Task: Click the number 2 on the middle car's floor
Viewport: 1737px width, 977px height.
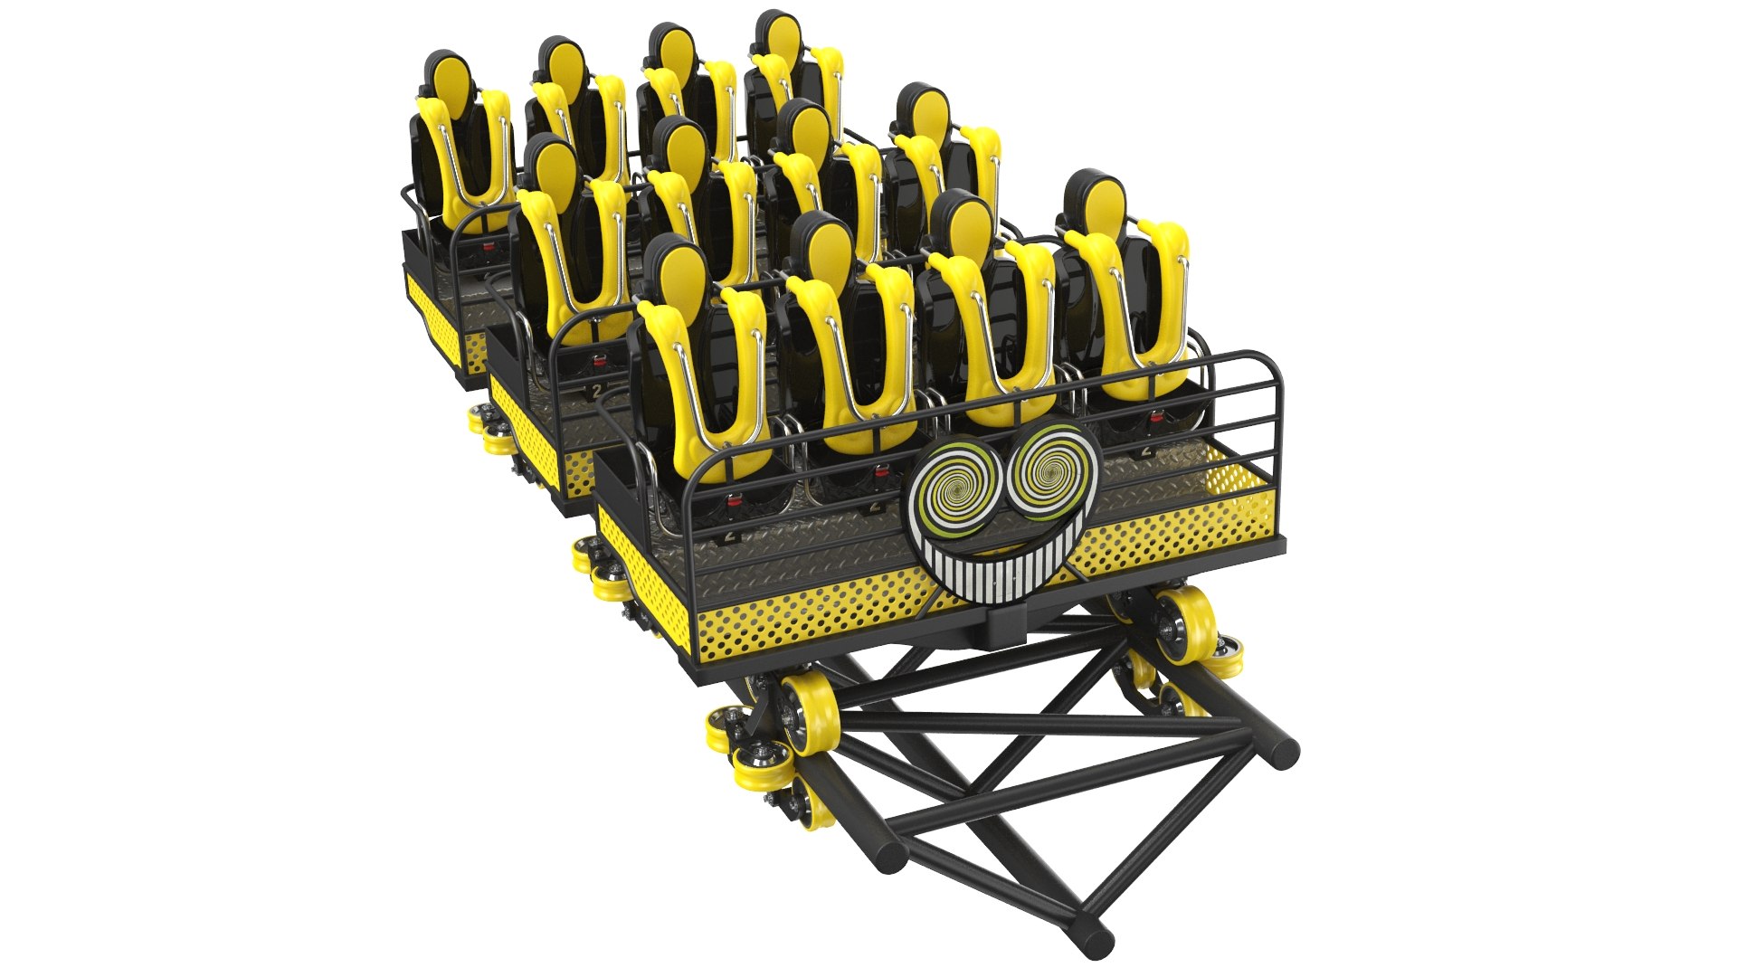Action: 596,390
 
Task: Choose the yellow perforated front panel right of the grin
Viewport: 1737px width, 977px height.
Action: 1176,529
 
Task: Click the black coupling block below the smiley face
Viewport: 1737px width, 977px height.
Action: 1005,623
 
